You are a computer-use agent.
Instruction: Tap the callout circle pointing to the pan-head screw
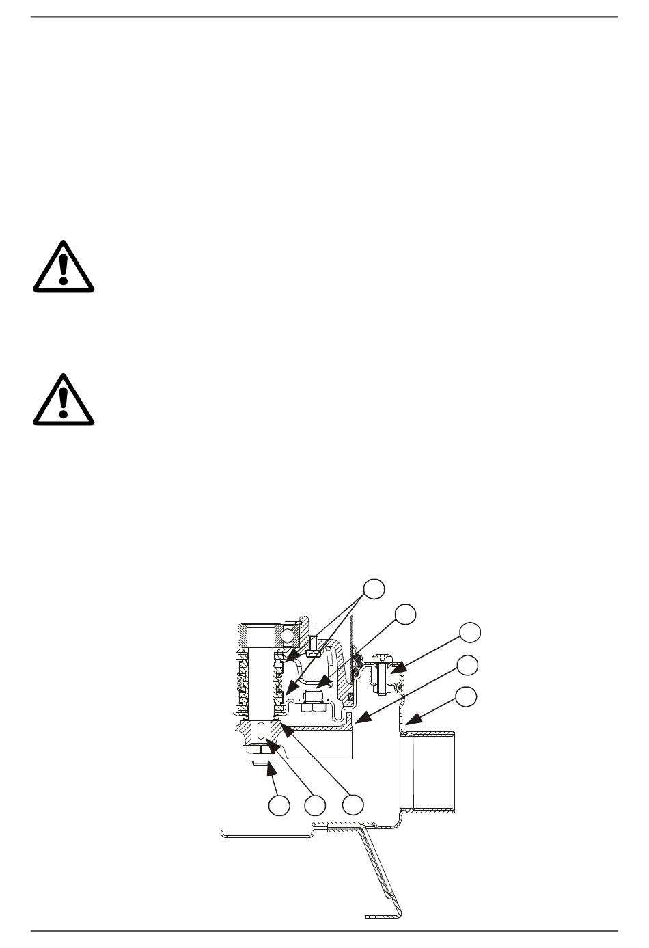(x=469, y=632)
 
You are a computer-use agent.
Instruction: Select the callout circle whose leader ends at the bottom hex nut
(x=278, y=806)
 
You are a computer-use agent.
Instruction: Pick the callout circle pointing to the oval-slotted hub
(x=315, y=806)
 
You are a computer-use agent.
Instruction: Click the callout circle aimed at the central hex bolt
(x=406, y=614)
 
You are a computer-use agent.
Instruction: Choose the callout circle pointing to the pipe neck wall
(x=467, y=696)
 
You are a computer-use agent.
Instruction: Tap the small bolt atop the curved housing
(x=314, y=646)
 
